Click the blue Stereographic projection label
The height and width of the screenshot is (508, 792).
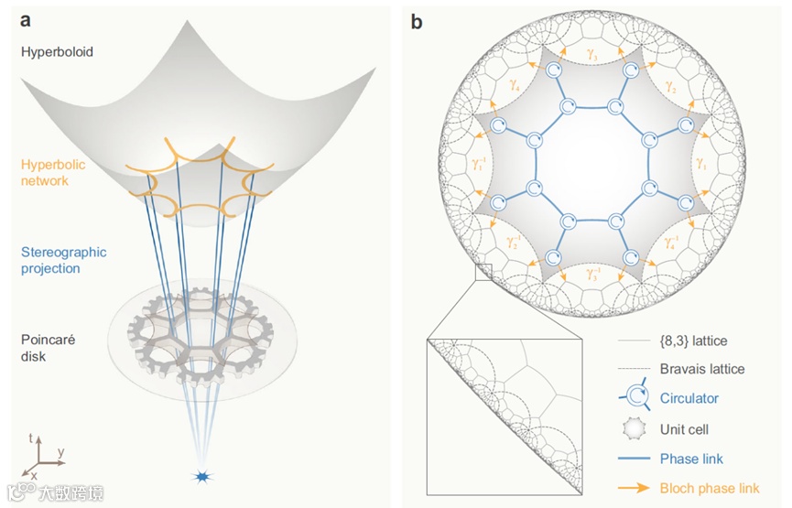click(x=64, y=260)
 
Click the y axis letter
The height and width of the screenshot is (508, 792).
click(x=60, y=451)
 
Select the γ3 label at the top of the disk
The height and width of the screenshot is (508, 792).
click(x=593, y=56)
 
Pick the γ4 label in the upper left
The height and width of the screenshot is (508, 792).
click(x=515, y=89)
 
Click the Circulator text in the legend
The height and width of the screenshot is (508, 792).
click(x=689, y=398)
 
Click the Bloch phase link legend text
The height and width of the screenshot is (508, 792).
click(x=710, y=488)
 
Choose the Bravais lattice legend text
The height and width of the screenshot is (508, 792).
click(x=702, y=369)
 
